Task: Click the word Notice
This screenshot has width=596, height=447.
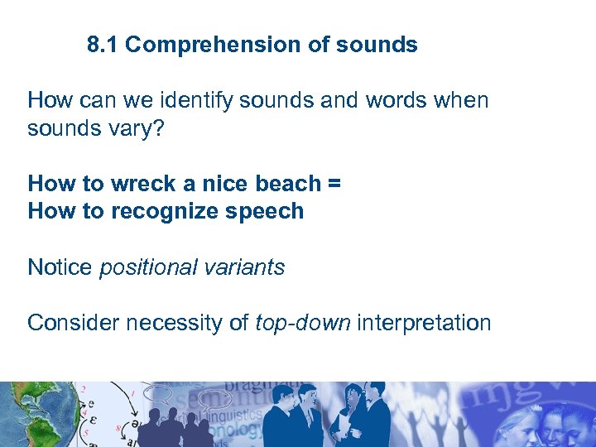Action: point(60,267)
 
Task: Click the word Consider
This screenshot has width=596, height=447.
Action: point(73,323)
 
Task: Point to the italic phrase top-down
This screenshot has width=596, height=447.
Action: point(302,323)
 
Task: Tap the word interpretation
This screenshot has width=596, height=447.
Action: point(424,323)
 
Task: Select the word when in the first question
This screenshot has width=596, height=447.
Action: point(462,101)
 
